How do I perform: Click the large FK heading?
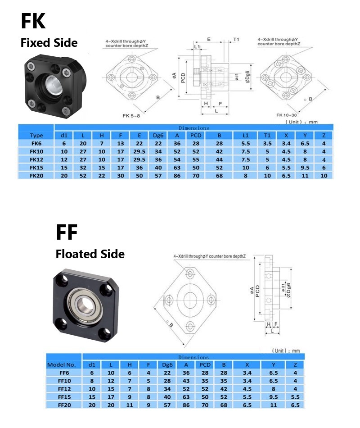(33, 21)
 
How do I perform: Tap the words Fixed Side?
(49, 43)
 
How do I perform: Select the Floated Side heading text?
(90, 254)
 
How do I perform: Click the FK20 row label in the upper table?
(36, 176)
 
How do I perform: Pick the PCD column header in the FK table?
(196, 136)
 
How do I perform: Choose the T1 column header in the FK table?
(267, 136)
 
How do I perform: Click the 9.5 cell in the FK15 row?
(305, 168)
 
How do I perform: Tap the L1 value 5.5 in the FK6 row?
(245, 143)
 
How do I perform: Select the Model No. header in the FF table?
(61, 364)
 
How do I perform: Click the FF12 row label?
(64, 389)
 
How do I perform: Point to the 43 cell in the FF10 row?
(186, 381)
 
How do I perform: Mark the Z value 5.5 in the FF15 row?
(295, 397)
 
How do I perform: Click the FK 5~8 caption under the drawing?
(131, 116)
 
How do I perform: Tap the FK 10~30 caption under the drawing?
(286, 115)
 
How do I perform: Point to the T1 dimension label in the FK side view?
(236, 40)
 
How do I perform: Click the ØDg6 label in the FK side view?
(247, 77)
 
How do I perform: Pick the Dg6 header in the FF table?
(167, 364)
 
